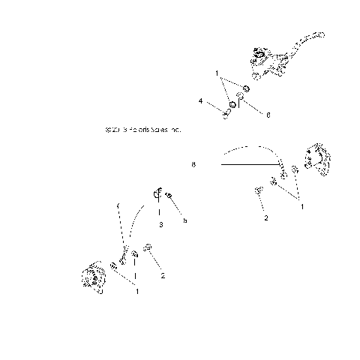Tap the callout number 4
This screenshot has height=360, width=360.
(201, 100)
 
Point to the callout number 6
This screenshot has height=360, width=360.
(268, 114)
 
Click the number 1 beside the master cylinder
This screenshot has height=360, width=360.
(217, 75)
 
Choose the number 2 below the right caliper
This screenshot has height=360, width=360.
(265, 218)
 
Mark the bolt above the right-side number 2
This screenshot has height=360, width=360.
(259, 193)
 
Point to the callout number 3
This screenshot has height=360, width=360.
(160, 223)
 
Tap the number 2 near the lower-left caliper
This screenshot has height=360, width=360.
(162, 275)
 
